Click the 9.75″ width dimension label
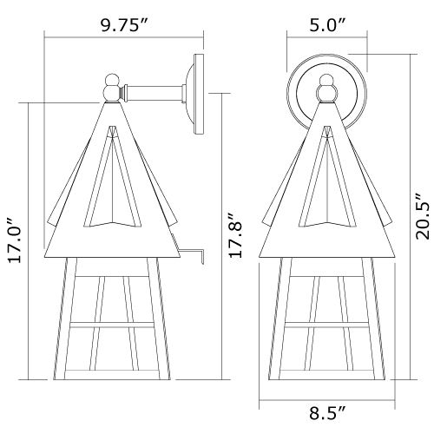click(x=124, y=26)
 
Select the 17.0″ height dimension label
click(x=15, y=240)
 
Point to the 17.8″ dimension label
click(x=234, y=235)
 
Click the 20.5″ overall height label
click(x=423, y=216)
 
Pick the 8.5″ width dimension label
click(x=327, y=413)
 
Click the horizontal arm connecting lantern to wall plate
click(x=155, y=92)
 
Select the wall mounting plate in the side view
click(x=197, y=94)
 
